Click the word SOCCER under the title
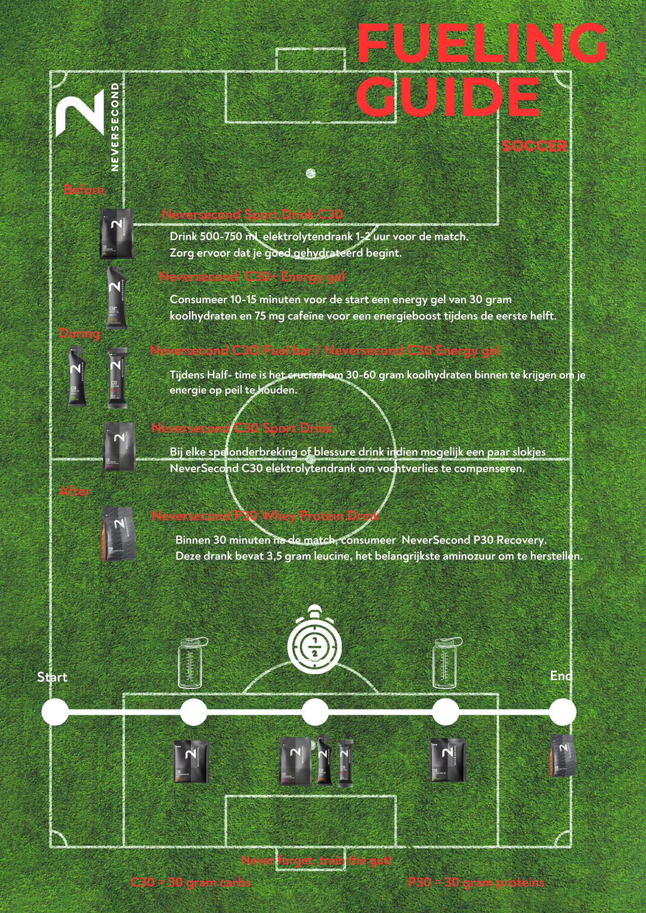click(534, 146)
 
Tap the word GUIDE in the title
click(448, 97)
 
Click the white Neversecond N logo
click(80, 113)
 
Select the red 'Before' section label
click(84, 189)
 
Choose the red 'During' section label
click(79, 333)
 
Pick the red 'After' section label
click(75, 491)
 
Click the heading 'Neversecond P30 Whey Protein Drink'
click(265, 515)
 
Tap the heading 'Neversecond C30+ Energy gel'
click(252, 276)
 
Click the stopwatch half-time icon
click(314, 640)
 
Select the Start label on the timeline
click(52, 677)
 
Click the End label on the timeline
click(561, 676)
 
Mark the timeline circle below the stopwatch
click(315, 712)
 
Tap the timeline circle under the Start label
click(55, 712)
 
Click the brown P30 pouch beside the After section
click(118, 533)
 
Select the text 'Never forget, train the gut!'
click(316, 861)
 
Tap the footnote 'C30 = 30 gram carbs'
click(191, 882)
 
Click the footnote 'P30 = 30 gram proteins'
click(476, 882)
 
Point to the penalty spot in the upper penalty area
click(311, 173)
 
